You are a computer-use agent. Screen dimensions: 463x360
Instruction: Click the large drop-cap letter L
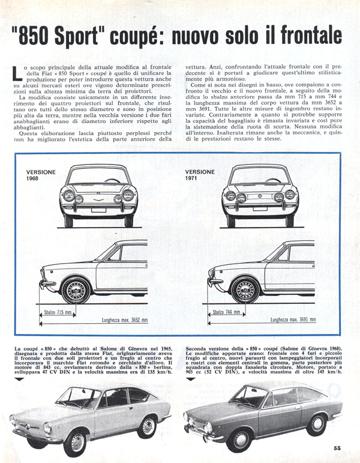(x=17, y=74)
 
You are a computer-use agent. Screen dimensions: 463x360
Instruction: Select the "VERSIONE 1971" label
(x=199, y=175)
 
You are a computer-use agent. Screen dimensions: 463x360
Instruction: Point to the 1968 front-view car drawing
(x=97, y=194)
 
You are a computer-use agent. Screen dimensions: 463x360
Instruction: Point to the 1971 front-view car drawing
(x=260, y=194)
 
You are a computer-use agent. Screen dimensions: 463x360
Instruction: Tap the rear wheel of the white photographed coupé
(x=148, y=426)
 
